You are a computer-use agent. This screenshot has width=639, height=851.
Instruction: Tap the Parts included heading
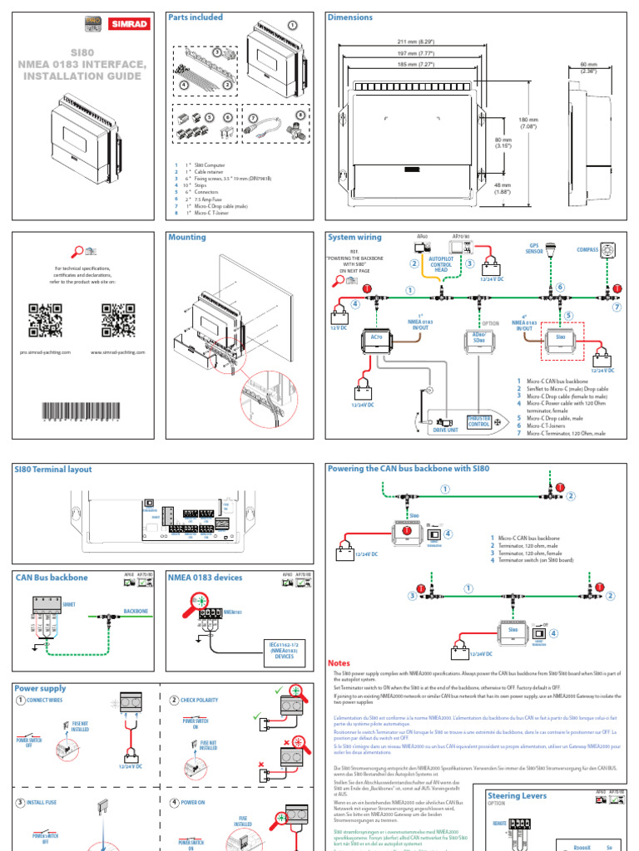(196, 17)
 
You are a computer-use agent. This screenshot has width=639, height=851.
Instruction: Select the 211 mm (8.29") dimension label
(419, 42)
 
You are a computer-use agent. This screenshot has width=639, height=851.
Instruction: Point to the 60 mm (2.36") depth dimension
(588, 66)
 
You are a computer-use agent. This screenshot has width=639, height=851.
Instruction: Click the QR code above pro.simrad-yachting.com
(45, 321)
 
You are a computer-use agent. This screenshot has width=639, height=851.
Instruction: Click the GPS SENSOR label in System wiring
(535, 248)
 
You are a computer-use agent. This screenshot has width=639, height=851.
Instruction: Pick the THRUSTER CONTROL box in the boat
(478, 421)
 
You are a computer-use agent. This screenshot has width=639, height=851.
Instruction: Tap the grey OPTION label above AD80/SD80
(490, 324)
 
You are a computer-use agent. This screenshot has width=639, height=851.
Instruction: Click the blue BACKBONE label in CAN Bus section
(136, 610)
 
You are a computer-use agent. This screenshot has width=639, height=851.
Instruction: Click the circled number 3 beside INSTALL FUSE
(19, 802)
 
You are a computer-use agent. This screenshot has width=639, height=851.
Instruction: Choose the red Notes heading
(339, 662)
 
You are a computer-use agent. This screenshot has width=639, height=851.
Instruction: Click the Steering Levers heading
(517, 795)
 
